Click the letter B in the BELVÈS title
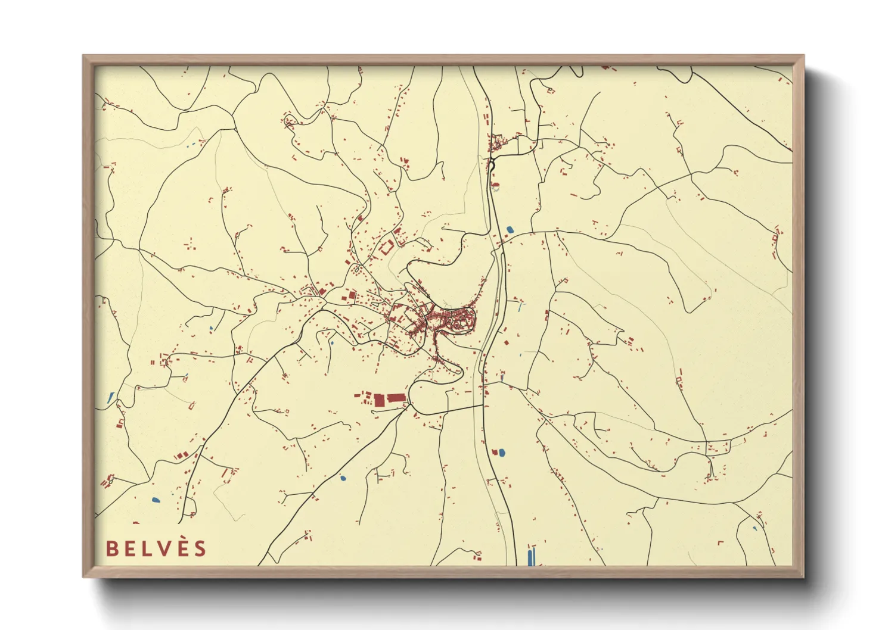tap(111, 548)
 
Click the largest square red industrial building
tap(380, 399)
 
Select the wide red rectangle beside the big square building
tap(396, 398)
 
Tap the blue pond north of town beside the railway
tap(510, 229)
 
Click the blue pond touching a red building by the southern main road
tap(501, 453)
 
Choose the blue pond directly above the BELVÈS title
tap(156, 500)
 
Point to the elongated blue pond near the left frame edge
tap(111, 397)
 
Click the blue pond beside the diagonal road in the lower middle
tap(343, 478)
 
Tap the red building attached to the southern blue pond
tap(495, 452)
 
